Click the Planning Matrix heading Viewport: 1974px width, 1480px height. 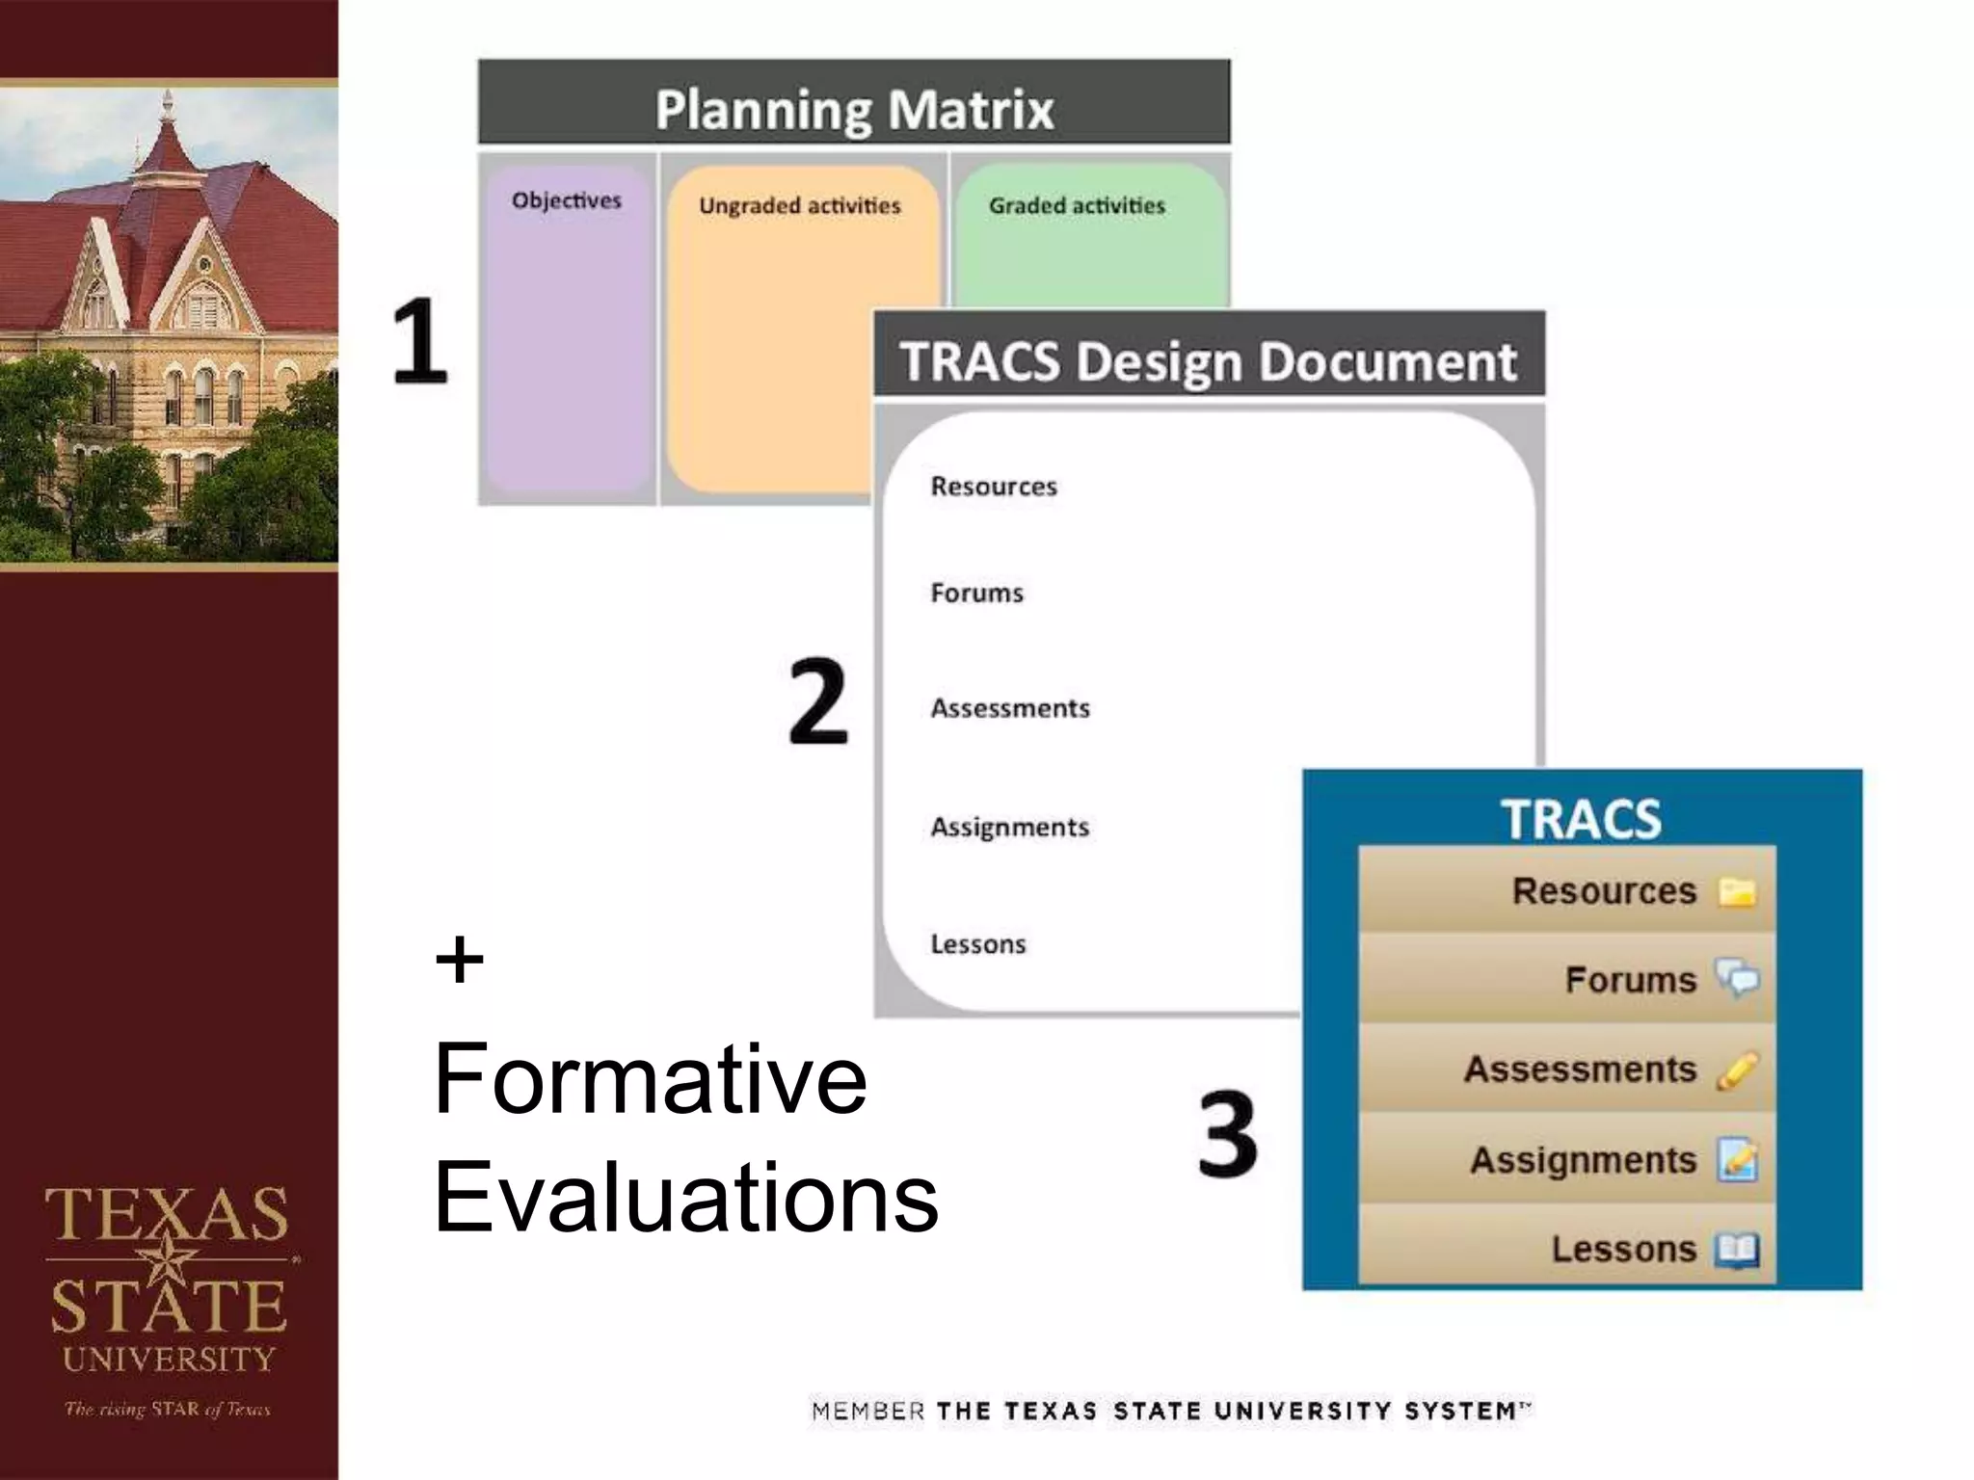point(854,109)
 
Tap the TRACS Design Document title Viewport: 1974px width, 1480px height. point(1208,361)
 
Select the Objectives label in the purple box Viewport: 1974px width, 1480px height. point(567,200)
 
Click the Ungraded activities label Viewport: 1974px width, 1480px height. point(799,205)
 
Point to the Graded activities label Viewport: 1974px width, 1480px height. point(1077,205)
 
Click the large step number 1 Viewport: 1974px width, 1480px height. point(420,340)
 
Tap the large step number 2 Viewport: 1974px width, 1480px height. point(817,700)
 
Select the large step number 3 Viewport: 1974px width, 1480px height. point(1227,1133)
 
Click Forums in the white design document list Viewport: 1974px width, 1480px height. point(976,593)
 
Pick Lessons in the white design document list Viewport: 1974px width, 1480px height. point(977,944)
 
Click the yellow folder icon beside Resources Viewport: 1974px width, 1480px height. point(1737,892)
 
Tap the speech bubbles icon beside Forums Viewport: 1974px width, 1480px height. point(1737,979)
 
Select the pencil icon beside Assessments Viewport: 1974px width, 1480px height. point(1737,1070)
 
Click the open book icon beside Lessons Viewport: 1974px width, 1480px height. point(1737,1251)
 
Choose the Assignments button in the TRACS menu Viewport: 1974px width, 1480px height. point(1583,1160)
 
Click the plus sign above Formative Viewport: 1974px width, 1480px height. point(460,960)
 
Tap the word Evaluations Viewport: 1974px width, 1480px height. point(685,1197)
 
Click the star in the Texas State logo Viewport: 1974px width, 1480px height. point(170,1258)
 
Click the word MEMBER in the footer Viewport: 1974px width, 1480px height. point(867,1412)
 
